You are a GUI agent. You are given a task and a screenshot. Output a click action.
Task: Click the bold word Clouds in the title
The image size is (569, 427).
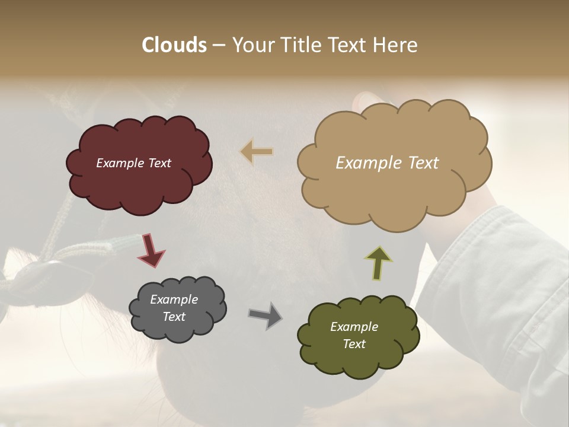click(x=174, y=45)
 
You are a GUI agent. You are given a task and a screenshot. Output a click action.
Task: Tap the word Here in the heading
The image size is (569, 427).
click(x=395, y=45)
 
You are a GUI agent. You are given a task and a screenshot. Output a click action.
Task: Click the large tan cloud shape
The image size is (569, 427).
click(x=391, y=190)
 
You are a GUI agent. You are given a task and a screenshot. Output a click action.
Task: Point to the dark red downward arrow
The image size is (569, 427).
click(x=151, y=250)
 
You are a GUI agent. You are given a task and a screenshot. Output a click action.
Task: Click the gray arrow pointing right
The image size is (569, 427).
click(x=266, y=316)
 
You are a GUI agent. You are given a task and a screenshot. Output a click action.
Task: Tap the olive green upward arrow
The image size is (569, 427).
click(x=379, y=263)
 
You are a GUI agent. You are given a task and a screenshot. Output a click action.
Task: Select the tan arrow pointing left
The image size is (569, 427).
click(x=257, y=152)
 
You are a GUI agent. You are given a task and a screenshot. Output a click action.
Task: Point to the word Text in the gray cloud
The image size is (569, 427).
click(x=174, y=317)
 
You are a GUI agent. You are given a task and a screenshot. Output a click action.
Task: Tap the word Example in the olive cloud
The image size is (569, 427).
click(x=354, y=327)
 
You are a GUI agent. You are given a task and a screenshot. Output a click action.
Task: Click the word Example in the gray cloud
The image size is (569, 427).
click(x=174, y=299)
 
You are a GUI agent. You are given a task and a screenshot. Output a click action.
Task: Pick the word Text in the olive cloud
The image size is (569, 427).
click(x=354, y=344)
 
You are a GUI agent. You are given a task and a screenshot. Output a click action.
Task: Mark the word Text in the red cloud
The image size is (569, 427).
click(x=159, y=163)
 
